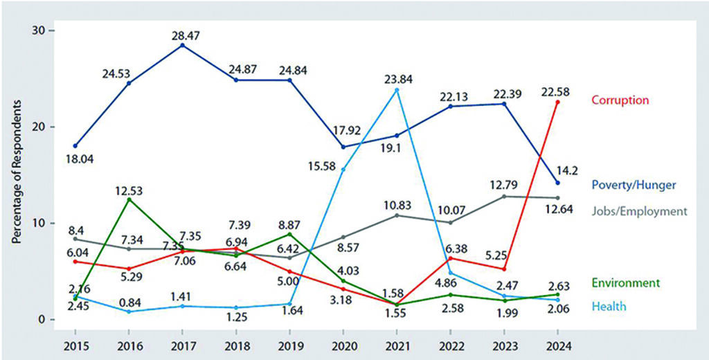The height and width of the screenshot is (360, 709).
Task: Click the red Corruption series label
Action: click(x=620, y=100)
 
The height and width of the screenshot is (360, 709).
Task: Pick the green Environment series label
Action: click(x=625, y=282)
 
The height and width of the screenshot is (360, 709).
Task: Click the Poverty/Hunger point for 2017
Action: click(x=182, y=45)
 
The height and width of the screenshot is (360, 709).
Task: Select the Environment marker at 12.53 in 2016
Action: click(x=129, y=199)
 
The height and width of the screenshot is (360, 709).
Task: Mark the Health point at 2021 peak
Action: click(x=397, y=90)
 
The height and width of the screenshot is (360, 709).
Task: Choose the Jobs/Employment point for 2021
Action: click(x=397, y=215)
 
